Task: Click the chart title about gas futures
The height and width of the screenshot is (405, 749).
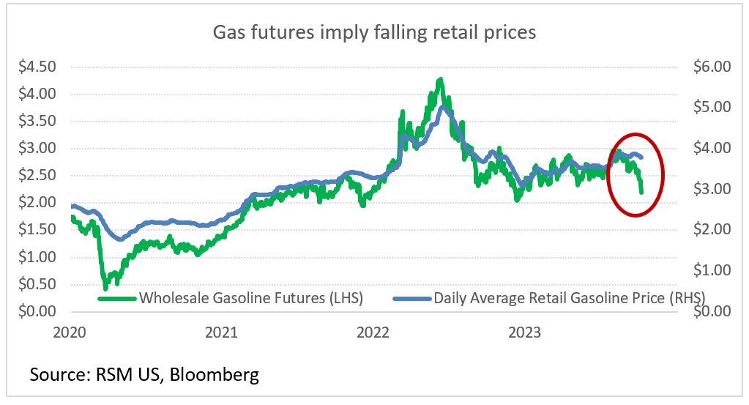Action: pyautogui.click(x=374, y=33)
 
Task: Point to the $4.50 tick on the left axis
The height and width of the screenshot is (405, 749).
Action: pyautogui.click(x=37, y=67)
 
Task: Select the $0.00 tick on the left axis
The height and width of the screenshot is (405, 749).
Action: pyautogui.click(x=37, y=311)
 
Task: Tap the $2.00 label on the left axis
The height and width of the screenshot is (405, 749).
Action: pyautogui.click(x=37, y=202)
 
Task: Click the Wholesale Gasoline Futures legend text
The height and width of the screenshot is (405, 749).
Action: pyautogui.click(x=251, y=298)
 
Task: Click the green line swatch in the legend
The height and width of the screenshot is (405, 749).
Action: pyautogui.click(x=117, y=299)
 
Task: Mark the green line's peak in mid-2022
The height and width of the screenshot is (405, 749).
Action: pyautogui.click(x=439, y=79)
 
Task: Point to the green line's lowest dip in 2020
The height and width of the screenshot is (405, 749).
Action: pyautogui.click(x=105, y=288)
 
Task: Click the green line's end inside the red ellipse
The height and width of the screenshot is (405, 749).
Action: pyautogui.click(x=641, y=192)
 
